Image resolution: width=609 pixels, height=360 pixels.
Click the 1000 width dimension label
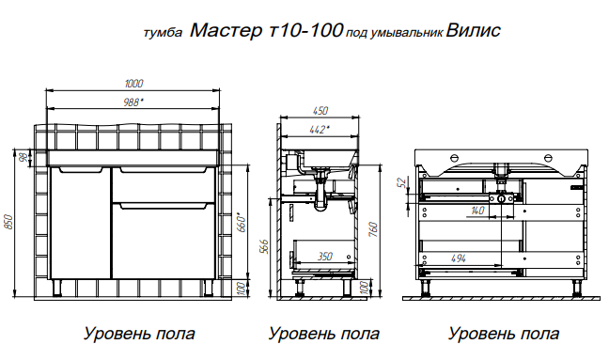pyautogui.click(x=133, y=84)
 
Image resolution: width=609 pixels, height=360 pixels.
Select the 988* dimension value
pyautogui.click(x=133, y=102)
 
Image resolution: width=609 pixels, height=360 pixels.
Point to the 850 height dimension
pyautogui.click(x=9, y=222)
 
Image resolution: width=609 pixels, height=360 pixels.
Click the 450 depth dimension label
pyautogui.click(x=320, y=111)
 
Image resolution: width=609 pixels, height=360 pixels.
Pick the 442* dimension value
pyautogui.click(x=320, y=130)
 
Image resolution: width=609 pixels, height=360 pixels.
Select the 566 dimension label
pyautogui.click(x=263, y=246)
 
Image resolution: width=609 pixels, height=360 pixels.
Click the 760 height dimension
pyautogui.click(x=372, y=229)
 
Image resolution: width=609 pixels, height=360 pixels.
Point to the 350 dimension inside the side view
pyautogui.click(x=324, y=257)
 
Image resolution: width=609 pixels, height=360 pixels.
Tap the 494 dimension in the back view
pyautogui.click(x=459, y=258)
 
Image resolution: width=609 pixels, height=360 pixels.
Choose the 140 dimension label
pyautogui.click(x=477, y=211)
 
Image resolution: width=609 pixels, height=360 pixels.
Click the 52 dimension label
pyautogui.click(x=403, y=181)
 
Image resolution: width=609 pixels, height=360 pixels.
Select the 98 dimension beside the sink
pyautogui.click(x=23, y=158)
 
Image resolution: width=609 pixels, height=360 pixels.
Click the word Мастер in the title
pyautogui.click(x=226, y=30)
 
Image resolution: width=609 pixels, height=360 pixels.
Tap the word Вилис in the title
pyautogui.click(x=474, y=30)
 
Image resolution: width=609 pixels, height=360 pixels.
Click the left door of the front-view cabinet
pyautogui.click(x=81, y=223)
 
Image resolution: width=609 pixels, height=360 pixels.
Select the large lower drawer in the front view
pyautogui.click(x=164, y=241)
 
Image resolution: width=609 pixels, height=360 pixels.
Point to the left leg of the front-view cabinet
pyautogui.click(x=57, y=288)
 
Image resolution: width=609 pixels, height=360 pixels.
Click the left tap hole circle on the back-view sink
pyautogui.click(x=455, y=158)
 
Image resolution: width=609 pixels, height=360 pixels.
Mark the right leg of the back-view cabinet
pyautogui.click(x=576, y=288)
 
